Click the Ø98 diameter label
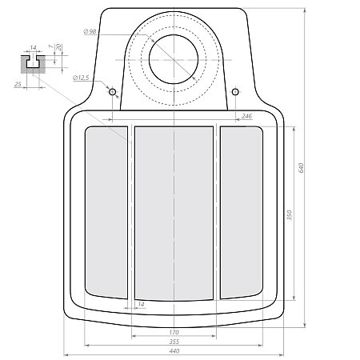click(x=90, y=31)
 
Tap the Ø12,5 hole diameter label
click(x=81, y=78)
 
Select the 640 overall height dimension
click(x=302, y=167)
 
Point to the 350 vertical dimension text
click(x=290, y=215)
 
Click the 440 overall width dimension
click(x=174, y=351)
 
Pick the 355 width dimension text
click(x=174, y=342)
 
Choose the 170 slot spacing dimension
click(x=174, y=332)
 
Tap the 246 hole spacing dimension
click(x=246, y=116)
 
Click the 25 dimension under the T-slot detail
click(x=18, y=84)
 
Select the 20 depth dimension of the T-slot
click(x=59, y=47)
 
